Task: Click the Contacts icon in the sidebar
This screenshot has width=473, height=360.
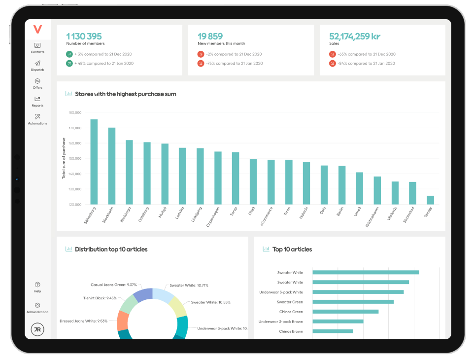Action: [37, 46]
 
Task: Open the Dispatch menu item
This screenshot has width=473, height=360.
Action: [37, 64]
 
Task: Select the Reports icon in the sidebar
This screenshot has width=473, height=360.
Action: [37, 99]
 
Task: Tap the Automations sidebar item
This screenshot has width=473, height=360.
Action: [37, 117]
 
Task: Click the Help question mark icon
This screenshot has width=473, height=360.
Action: [37, 285]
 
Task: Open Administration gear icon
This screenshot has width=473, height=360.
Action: [37, 306]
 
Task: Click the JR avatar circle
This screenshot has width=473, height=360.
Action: [37, 329]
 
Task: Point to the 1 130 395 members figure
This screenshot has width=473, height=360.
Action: [84, 36]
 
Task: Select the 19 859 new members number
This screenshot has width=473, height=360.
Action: [210, 36]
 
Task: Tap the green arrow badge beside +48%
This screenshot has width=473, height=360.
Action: [69, 64]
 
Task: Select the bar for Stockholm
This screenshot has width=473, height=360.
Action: [112, 166]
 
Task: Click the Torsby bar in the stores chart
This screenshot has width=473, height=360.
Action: [430, 200]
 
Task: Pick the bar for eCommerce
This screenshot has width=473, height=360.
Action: [271, 181]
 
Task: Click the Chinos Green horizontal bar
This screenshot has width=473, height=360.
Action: [345, 312]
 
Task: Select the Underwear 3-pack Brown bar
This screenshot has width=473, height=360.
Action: [338, 322]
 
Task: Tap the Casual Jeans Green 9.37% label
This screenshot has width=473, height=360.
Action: [113, 285]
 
